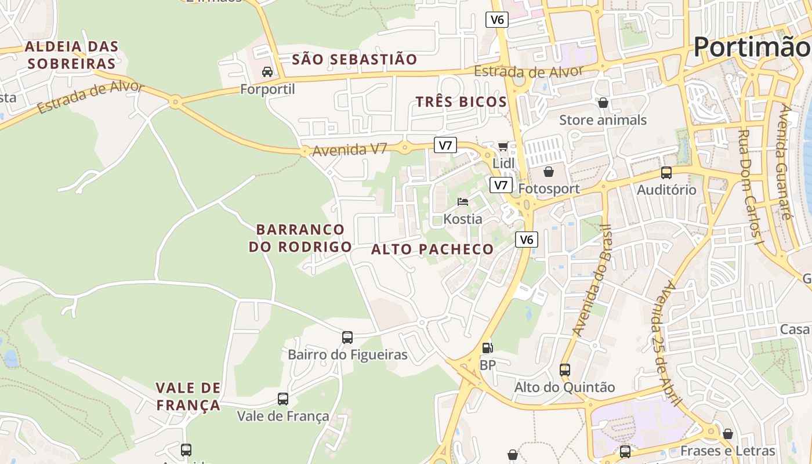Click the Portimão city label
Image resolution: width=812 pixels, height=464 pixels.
[752, 46]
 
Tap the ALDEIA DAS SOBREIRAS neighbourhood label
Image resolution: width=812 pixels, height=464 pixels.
[72, 55]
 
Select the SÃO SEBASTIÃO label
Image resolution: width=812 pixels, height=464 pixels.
[354, 59]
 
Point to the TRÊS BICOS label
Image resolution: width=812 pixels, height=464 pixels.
[461, 102]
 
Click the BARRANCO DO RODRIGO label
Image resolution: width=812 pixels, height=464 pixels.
[300, 238]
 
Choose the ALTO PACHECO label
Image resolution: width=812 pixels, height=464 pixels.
[432, 249]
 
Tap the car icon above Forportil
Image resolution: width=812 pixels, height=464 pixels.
[267, 72]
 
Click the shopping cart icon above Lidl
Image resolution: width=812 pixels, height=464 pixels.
[503, 146]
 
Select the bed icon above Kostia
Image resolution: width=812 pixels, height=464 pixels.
[463, 202]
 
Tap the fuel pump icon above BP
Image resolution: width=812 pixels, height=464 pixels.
[488, 348]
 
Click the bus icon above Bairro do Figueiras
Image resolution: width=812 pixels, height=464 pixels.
[347, 337]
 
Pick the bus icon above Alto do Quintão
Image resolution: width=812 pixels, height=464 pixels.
[565, 369]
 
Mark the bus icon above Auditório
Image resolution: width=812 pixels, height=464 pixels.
[666, 172]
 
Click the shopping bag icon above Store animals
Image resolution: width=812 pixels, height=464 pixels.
[603, 103]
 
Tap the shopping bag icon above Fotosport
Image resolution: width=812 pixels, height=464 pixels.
[548, 171]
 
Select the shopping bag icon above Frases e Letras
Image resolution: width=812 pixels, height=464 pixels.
[728, 433]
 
